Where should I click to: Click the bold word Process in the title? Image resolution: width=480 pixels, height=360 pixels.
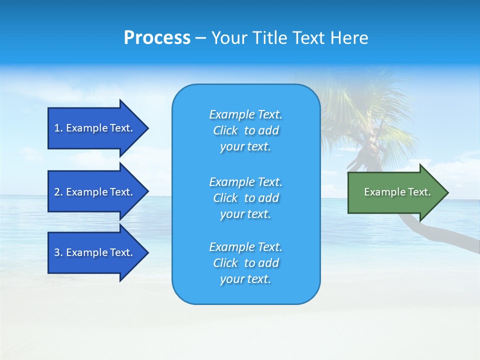coord(157,38)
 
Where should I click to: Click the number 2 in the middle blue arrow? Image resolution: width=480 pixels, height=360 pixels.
coord(57,192)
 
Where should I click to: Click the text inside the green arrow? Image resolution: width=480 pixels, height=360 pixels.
coord(397,192)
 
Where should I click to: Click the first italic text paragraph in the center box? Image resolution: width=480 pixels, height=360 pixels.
coord(245,130)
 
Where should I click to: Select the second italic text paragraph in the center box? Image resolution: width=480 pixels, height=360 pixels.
coord(245,198)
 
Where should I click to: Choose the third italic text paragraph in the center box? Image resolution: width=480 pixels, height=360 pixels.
coord(245,263)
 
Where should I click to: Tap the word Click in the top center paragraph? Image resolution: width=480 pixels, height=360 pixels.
coord(225,131)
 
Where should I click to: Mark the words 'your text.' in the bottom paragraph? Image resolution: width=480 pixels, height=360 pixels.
coord(245,279)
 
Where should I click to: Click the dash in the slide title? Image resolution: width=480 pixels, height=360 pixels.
coord(200,38)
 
